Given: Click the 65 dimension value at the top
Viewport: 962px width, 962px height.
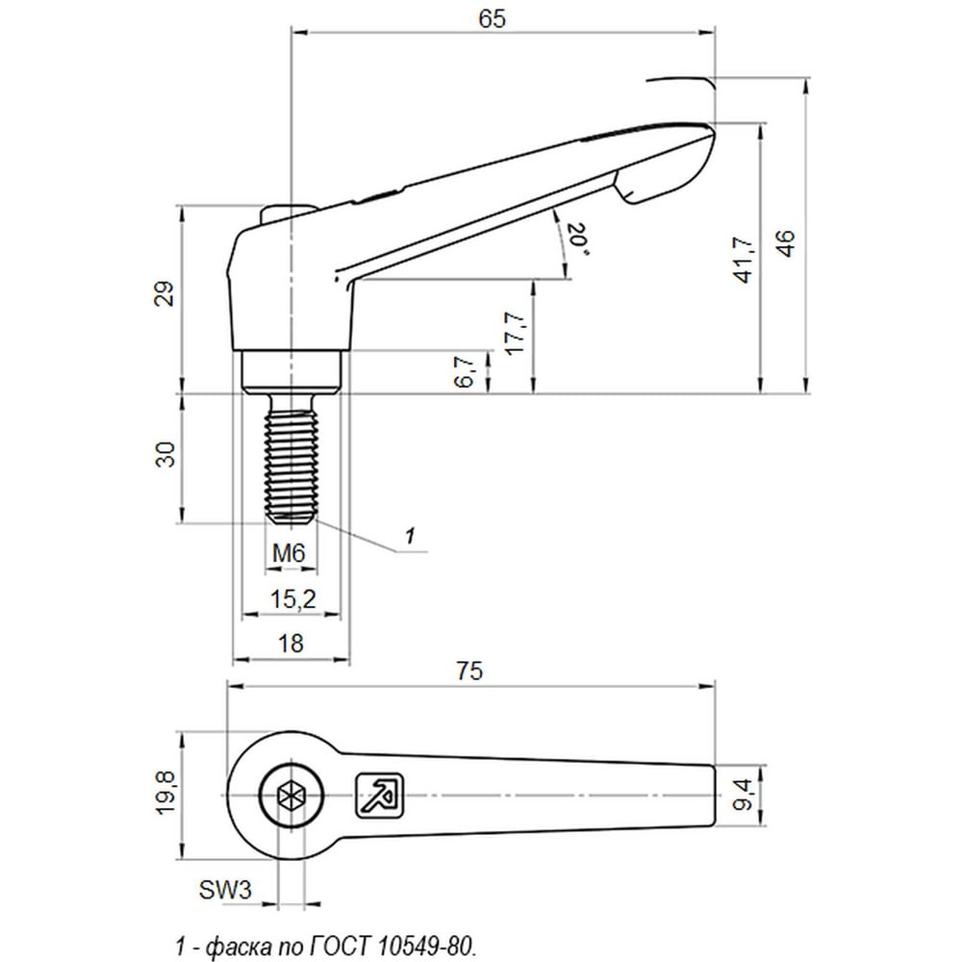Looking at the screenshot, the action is click(492, 18).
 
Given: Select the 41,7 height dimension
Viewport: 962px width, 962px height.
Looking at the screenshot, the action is click(745, 260).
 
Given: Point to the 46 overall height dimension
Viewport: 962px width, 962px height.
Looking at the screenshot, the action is click(786, 242).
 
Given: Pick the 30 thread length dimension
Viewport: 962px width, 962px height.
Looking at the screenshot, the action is click(165, 455).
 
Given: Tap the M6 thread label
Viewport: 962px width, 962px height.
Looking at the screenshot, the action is click(289, 553).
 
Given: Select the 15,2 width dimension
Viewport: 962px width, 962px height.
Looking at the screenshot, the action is click(293, 598).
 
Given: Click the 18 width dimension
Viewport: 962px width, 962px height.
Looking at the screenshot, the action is click(291, 644).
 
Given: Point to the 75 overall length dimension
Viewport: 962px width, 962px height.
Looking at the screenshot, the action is click(469, 671).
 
